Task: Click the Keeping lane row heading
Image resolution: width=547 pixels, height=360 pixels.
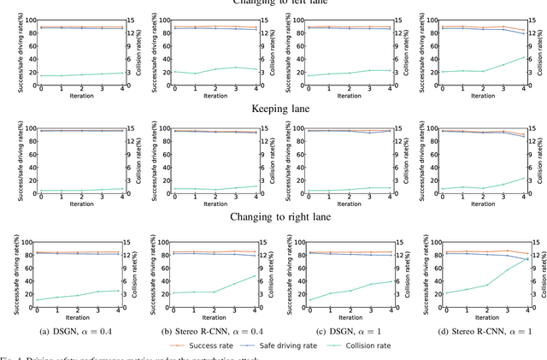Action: (x=273, y=109)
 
